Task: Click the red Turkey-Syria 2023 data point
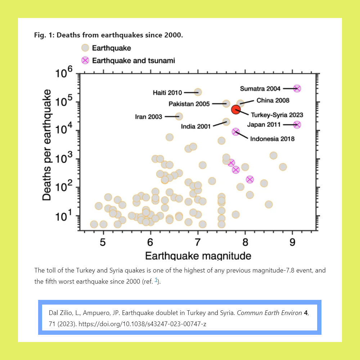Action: pyautogui.click(x=236, y=109)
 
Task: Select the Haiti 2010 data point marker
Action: pyautogui.click(x=198, y=92)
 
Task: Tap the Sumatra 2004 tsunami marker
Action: pyautogui.click(x=297, y=89)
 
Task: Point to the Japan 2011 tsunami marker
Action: pyautogui.click(x=297, y=125)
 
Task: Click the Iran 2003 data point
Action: pyautogui.click(x=179, y=116)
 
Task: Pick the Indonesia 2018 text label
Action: pyautogui.click(x=272, y=139)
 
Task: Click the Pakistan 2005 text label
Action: pyautogui.click(x=189, y=104)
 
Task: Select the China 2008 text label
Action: pyautogui.click(x=273, y=100)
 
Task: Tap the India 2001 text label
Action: pyautogui.click(x=196, y=126)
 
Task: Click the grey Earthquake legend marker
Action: pyautogui.click(x=85, y=48)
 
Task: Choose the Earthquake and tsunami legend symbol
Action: pyautogui.click(x=85, y=60)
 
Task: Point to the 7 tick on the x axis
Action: pyautogui.click(x=198, y=242)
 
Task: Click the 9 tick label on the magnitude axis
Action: pyautogui.click(x=292, y=242)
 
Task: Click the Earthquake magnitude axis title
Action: pyautogui.click(x=198, y=256)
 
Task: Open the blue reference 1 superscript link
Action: pyautogui.click(x=156, y=280)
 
